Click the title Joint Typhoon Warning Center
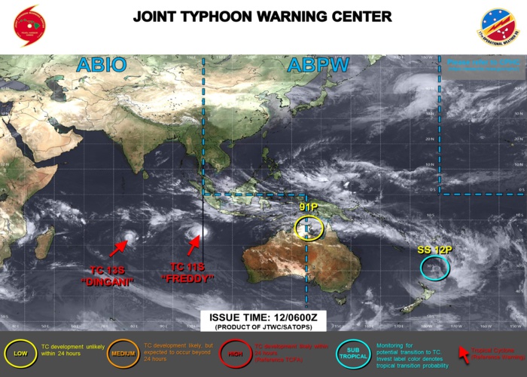point(262,17)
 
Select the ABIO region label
point(101,65)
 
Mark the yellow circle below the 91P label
point(309,228)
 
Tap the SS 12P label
point(434,250)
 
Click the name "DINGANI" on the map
point(107,282)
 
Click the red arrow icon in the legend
point(463,352)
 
